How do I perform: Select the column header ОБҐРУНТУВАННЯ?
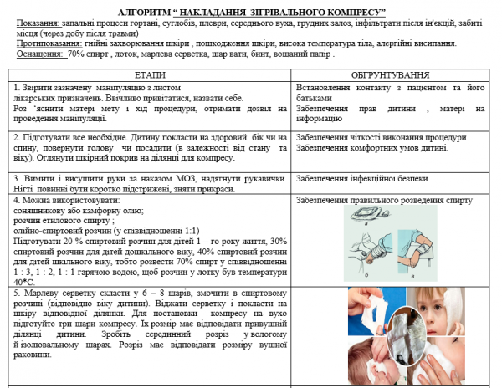(x=391, y=74)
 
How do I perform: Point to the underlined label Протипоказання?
(x=48, y=43)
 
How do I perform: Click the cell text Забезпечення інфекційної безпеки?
(x=362, y=178)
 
